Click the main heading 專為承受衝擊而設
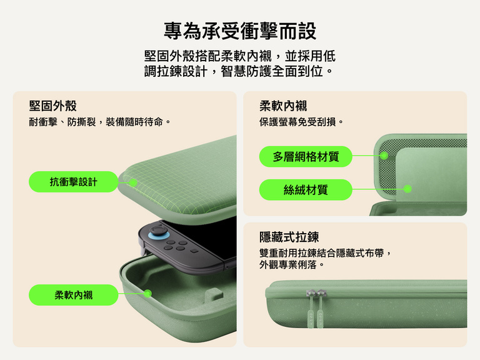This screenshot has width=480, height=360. click(x=240, y=31)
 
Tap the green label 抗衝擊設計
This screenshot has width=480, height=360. click(x=74, y=182)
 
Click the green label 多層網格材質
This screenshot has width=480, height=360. click(x=306, y=156)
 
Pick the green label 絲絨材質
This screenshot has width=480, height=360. click(x=306, y=189)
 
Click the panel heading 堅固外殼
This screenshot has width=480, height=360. click(x=52, y=106)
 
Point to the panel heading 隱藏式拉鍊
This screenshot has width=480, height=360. click(x=289, y=237)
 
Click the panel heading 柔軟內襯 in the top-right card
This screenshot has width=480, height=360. click(x=283, y=106)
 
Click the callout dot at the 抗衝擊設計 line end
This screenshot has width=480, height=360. click(x=133, y=182)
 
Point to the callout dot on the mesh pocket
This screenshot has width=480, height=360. click(x=384, y=156)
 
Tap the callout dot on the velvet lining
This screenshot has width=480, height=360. click(x=407, y=189)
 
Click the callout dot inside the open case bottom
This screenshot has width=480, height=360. click(x=148, y=294)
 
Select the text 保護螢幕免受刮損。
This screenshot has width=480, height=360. click(x=302, y=122)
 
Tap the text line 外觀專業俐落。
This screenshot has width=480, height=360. click(x=292, y=265)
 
